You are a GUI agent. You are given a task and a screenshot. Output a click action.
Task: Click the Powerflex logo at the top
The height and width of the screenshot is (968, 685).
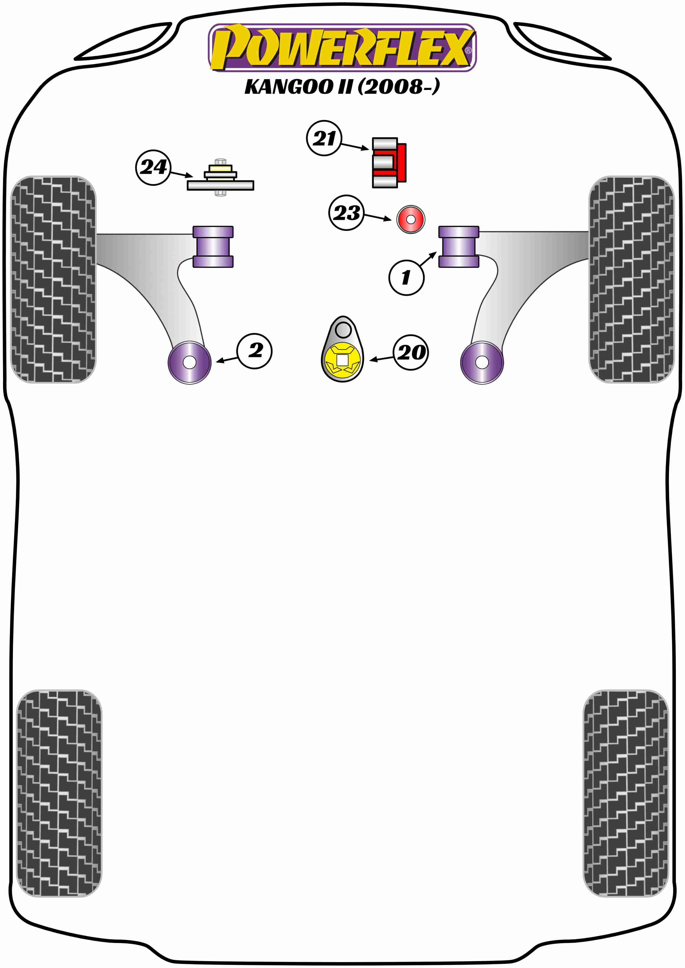pyautogui.click(x=342, y=47)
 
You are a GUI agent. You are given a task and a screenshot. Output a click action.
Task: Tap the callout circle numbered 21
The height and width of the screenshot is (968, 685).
pyautogui.click(x=324, y=138)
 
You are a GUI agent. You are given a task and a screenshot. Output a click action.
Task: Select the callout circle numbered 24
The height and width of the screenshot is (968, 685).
pyautogui.click(x=153, y=167)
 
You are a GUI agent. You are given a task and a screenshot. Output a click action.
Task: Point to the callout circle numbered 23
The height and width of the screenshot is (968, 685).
pyautogui.click(x=346, y=213)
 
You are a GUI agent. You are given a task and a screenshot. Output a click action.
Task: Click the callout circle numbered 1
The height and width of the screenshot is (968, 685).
pyautogui.click(x=406, y=277)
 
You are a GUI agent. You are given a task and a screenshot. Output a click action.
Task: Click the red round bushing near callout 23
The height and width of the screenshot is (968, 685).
pyautogui.click(x=410, y=219)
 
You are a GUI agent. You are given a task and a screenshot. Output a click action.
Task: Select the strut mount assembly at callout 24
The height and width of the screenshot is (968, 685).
pyautogui.click(x=220, y=179)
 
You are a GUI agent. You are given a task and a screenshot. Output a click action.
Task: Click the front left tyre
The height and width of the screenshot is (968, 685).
pyautogui.click(x=53, y=279)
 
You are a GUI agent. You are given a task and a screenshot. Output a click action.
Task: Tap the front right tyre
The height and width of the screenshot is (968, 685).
pyautogui.click(x=631, y=279)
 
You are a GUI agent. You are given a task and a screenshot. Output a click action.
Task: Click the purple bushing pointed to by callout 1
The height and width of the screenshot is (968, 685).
pyautogui.click(x=459, y=247)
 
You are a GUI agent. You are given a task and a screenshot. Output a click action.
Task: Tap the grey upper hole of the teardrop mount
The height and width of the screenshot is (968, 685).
pyautogui.click(x=343, y=329)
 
